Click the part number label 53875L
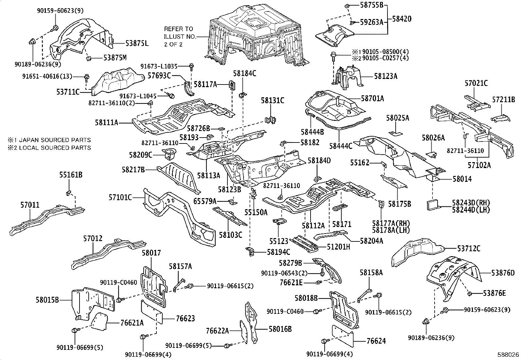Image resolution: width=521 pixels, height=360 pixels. click(137, 43)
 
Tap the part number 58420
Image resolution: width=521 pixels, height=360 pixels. click(402, 19)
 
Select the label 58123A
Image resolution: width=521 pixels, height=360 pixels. click(386, 76)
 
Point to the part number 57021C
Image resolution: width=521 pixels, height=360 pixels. click(476, 83)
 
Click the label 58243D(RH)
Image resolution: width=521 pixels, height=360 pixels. click(471, 202)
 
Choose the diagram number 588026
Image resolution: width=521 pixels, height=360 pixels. click(508, 354)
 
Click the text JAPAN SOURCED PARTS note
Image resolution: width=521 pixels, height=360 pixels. click(55, 140)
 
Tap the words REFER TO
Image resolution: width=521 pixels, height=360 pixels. click(178, 29)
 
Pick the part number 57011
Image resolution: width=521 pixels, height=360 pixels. click(30, 205)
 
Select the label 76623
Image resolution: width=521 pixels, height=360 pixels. click(185, 318)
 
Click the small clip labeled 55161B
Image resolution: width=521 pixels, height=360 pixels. click(68, 193)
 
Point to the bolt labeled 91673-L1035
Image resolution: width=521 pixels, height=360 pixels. click(191, 67)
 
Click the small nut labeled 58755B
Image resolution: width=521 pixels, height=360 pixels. click(347, 5)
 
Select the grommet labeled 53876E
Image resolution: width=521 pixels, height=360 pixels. click(469, 294)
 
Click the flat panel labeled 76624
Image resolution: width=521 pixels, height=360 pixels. click(343, 336)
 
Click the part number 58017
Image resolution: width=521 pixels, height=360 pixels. click(151, 253)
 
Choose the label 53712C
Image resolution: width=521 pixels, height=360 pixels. click(469, 248)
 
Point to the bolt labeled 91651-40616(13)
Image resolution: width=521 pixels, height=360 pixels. click(87, 78)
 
